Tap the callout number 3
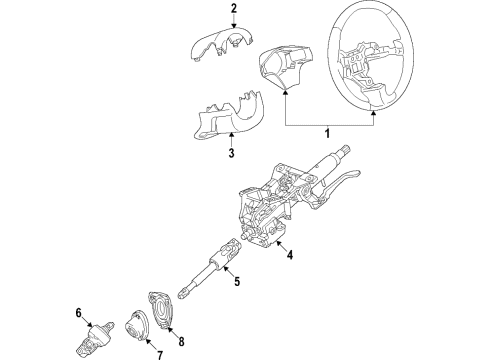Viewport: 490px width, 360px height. [x=231, y=153]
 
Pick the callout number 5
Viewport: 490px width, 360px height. [x=236, y=283]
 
